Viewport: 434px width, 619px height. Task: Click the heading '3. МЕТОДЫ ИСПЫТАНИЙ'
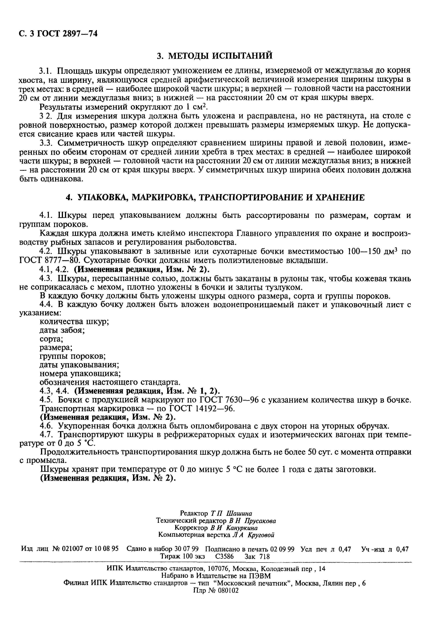point(215,56)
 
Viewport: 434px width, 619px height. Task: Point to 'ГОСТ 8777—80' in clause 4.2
point(50,260)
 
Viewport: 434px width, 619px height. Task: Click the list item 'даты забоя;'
point(62,330)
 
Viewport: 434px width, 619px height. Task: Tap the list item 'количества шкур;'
point(74,322)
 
